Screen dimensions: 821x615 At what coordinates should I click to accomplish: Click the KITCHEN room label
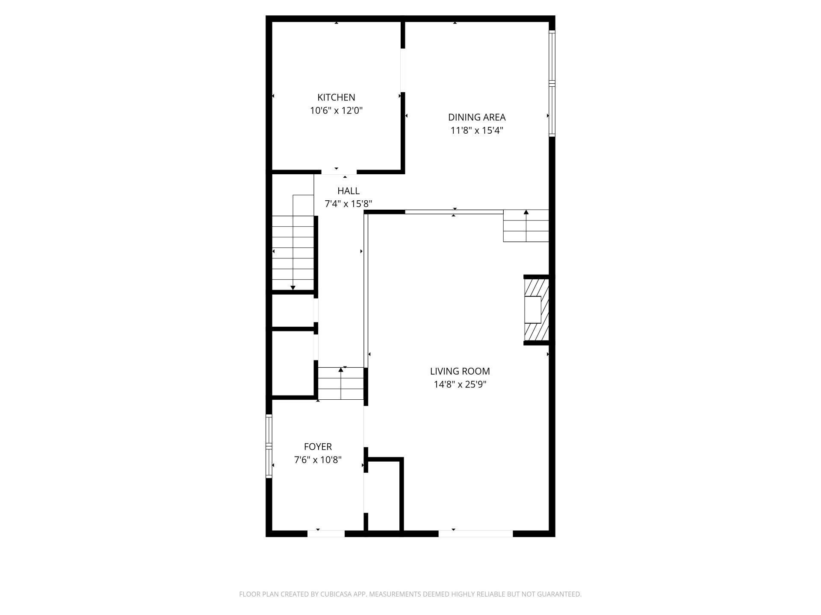tap(336, 97)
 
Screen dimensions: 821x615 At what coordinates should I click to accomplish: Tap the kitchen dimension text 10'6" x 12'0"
tap(336, 111)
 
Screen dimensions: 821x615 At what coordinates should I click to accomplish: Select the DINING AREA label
tap(477, 117)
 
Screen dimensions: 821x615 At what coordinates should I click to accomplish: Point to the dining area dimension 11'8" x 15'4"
tap(477, 130)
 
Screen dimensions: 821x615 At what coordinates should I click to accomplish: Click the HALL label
tap(348, 191)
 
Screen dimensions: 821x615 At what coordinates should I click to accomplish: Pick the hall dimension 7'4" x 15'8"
tap(348, 204)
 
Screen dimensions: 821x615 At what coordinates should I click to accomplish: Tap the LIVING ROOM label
tap(460, 371)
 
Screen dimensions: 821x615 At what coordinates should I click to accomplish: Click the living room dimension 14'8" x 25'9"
tap(460, 384)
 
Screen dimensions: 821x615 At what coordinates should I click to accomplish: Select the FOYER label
tap(318, 447)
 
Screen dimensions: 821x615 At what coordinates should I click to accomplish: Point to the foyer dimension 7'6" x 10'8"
tap(318, 460)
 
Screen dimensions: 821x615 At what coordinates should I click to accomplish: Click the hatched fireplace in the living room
tap(537, 310)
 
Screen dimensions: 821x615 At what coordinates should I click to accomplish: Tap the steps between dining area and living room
tap(526, 225)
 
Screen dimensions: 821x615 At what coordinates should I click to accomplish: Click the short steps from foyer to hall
tap(341, 384)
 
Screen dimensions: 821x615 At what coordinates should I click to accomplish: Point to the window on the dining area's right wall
tap(552, 83)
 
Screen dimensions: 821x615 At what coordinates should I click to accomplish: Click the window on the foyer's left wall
tap(269, 446)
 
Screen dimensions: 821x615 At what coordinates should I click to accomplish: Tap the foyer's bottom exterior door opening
tap(326, 533)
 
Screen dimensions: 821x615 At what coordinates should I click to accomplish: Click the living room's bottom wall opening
tap(475, 533)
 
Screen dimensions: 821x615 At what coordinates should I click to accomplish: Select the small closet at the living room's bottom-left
tap(384, 495)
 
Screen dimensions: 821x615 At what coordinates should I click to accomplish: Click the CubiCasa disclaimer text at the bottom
tap(410, 594)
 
